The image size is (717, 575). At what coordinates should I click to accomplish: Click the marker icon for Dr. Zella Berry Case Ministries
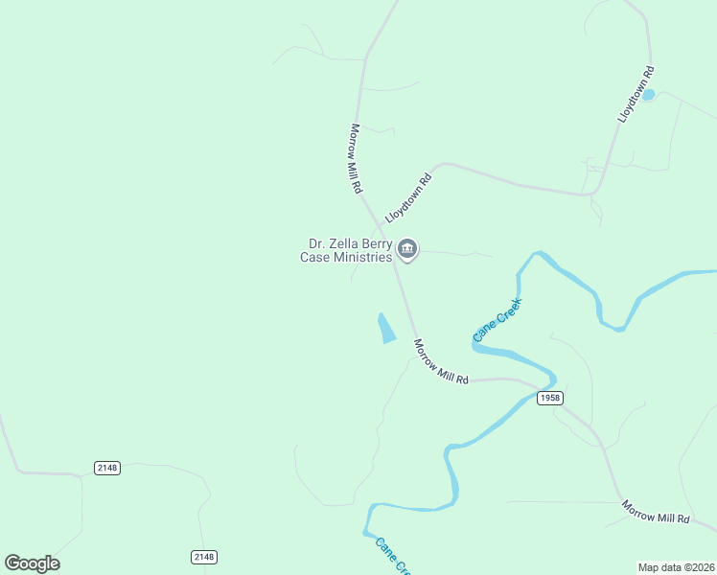click(407, 250)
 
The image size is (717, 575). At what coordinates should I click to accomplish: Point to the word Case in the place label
click(314, 257)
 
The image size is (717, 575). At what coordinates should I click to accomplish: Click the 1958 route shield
click(549, 398)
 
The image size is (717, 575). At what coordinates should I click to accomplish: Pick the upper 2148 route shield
click(107, 468)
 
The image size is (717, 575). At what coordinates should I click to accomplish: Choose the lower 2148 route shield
click(204, 557)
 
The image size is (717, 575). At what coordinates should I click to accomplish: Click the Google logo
click(33, 563)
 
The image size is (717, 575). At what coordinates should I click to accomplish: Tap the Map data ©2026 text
click(675, 567)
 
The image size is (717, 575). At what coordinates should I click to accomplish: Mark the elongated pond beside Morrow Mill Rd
click(386, 329)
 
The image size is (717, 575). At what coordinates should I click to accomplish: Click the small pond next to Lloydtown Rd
click(647, 95)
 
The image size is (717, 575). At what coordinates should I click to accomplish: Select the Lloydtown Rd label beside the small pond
click(636, 93)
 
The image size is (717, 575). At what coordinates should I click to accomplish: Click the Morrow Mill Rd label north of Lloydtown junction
click(356, 159)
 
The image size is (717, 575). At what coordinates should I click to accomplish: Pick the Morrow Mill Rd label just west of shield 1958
click(441, 362)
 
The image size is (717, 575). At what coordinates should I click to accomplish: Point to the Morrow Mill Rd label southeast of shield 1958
click(656, 512)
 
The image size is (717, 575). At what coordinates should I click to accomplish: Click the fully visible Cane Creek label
click(497, 320)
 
